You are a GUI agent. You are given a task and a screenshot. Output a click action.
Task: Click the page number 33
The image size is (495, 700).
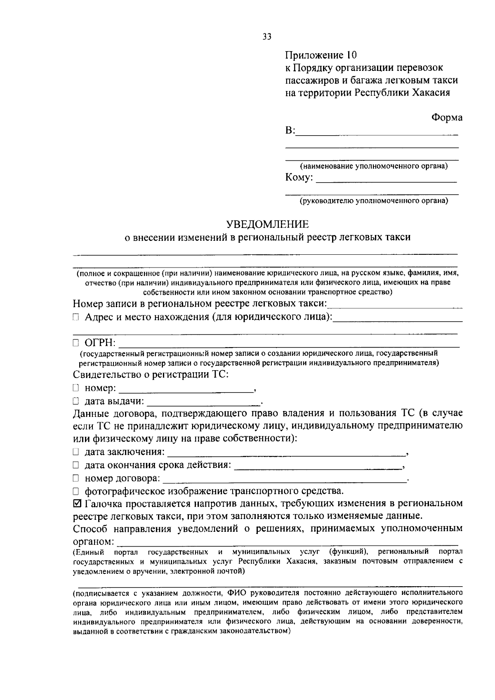click(x=267, y=37)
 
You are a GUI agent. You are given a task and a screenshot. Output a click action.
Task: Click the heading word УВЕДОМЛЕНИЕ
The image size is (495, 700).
click(x=267, y=224)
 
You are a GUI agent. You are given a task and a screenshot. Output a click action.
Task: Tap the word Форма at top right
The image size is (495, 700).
click(x=447, y=117)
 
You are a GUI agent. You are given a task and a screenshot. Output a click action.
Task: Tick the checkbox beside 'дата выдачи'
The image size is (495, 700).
click(x=76, y=401)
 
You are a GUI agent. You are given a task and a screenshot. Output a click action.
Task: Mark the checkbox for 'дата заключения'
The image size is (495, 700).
click(x=76, y=452)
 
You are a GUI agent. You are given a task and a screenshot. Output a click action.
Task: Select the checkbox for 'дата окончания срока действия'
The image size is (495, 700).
click(x=76, y=465)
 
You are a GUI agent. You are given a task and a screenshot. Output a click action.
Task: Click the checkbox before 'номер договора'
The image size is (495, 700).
click(x=76, y=479)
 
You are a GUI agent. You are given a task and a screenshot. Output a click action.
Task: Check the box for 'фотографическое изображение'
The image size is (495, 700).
click(x=76, y=491)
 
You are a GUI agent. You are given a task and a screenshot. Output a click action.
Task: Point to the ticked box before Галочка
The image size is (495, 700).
click(x=77, y=504)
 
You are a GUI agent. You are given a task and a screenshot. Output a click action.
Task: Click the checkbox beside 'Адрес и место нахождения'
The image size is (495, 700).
click(x=76, y=317)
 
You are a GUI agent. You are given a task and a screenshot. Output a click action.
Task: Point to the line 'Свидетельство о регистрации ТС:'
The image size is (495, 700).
click(x=151, y=375)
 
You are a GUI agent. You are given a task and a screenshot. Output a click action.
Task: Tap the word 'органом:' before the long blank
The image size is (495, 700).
click(x=94, y=541)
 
